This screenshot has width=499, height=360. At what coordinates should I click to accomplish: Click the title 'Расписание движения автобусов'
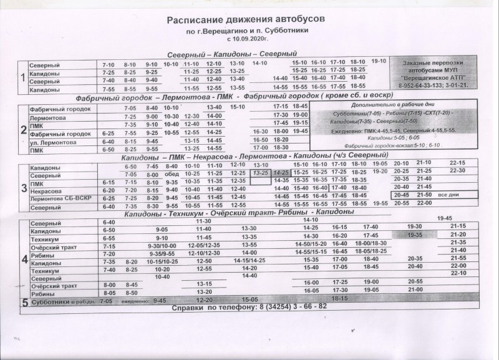click(x=246, y=20)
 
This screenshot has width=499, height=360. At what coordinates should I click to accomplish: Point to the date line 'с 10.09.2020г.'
click(x=246, y=39)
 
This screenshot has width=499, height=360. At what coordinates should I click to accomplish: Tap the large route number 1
click(x=23, y=78)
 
